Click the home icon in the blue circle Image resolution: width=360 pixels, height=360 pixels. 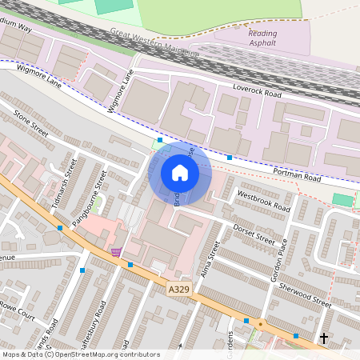coord(180,173)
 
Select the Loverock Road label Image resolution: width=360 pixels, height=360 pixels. coord(258,94)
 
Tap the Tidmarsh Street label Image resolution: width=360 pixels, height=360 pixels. coord(63,183)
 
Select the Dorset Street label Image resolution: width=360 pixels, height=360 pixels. coord(255,233)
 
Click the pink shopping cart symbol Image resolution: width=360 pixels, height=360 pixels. coord(117,251)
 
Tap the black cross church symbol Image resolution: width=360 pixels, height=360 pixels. coord(324,339)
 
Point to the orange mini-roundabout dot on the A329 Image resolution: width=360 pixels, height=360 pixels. coord(261,324)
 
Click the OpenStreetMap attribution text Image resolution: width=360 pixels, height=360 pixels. coord(81,354)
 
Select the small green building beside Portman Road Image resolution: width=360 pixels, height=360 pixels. coord(342,199)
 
